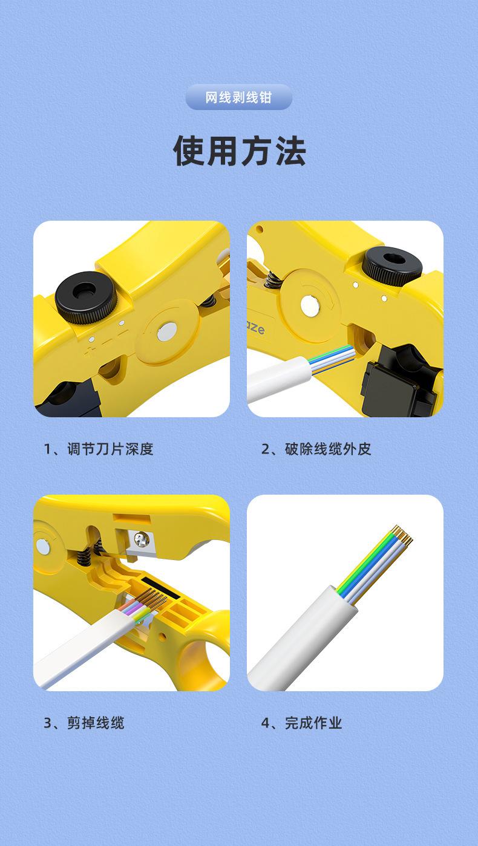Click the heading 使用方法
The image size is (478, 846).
pyautogui.click(x=239, y=151)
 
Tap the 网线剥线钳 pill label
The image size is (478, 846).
pyautogui.click(x=239, y=97)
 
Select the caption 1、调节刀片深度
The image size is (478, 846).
pyautogui.click(x=99, y=449)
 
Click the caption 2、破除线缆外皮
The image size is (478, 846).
pyautogui.click(x=316, y=449)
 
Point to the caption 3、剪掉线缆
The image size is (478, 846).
pyautogui.click(x=84, y=723)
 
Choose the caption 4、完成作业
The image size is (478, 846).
pyautogui.click(x=301, y=723)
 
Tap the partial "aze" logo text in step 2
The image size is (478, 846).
pyautogui.click(x=255, y=328)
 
